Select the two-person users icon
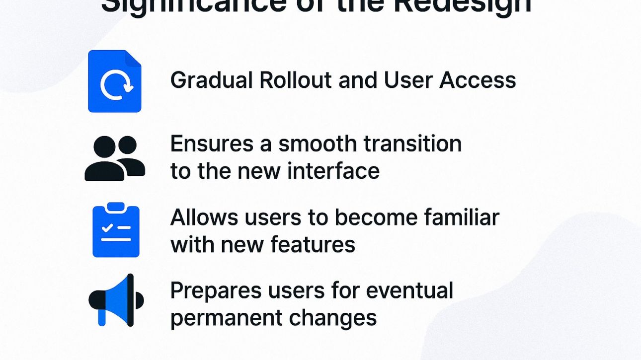tap(115, 158)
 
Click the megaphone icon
tap(116, 300)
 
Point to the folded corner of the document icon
tap(133, 58)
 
